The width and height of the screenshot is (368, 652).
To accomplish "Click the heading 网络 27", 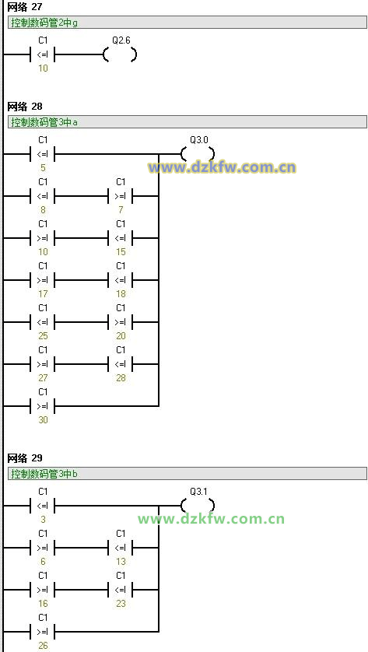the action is (25, 7).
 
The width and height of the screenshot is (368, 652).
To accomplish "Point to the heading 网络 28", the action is (25, 107).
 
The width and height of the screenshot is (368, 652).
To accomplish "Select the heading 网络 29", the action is (25, 458).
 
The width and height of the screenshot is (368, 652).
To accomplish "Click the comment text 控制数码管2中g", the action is (44, 23).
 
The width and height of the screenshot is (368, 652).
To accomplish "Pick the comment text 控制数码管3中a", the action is (44, 122).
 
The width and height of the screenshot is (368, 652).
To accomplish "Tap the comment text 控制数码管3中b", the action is (44, 474).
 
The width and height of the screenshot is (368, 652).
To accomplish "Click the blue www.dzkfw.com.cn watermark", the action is (222, 167).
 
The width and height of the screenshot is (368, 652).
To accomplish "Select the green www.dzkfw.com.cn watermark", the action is (212, 519).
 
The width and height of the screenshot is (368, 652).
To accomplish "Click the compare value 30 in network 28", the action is (44, 420).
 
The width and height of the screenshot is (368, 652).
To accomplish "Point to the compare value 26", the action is (44, 646).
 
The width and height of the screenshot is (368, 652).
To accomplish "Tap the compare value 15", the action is (121, 252).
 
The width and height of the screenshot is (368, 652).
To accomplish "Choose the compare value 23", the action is (121, 603).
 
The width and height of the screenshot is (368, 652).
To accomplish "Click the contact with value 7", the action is (121, 196).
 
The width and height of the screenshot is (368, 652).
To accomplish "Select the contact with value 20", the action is (121, 322).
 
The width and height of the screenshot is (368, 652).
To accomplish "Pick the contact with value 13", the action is (121, 548).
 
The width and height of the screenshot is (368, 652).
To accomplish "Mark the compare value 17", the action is (44, 294).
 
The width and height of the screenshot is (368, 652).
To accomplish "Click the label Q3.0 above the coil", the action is (198, 140).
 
